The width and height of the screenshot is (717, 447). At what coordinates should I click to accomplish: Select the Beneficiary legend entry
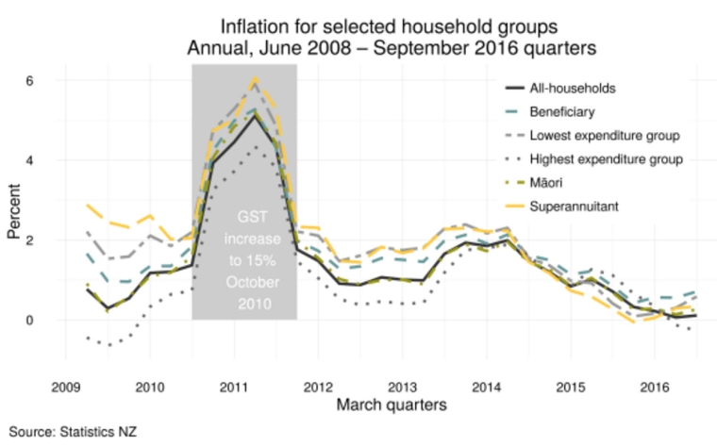pos(567,112)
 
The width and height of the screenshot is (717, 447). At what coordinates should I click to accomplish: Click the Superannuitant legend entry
pos(577,206)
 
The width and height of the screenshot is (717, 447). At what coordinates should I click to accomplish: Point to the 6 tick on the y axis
pos(30,81)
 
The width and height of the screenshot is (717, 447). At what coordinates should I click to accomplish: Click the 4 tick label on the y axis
pos(30,160)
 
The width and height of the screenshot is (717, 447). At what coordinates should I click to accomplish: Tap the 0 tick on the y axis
pos(30,320)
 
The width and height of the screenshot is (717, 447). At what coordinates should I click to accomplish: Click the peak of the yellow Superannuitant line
pos(255,79)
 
